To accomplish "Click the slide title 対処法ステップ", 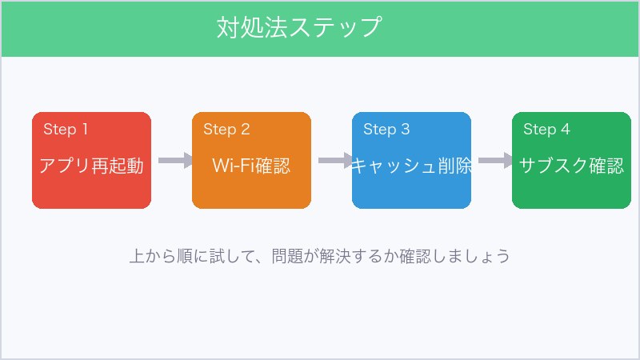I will (x=298, y=27).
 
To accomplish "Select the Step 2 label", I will (x=226, y=130).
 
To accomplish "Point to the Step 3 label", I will (x=386, y=130).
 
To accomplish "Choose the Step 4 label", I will (x=546, y=130).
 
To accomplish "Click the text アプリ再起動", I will (x=91, y=166).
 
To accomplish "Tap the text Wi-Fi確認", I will (x=251, y=166).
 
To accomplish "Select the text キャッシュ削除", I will (x=411, y=166).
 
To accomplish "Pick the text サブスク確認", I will (x=571, y=166).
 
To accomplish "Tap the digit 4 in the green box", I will (x=566, y=130).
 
